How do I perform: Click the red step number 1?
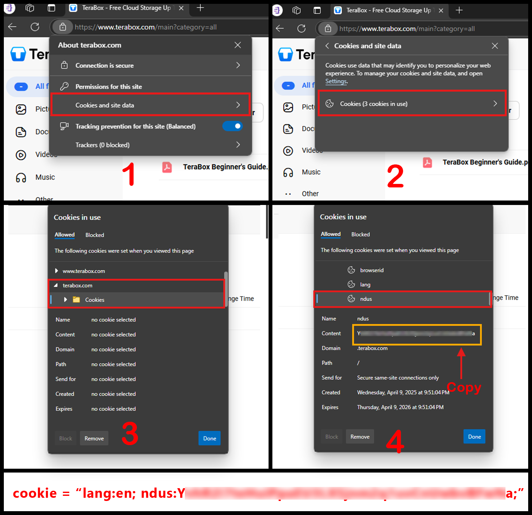coord(129,174)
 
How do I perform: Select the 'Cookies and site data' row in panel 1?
coord(150,105)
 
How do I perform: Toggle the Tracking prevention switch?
coord(232,126)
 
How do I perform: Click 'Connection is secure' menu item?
coord(150,65)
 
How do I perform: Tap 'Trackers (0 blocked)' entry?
coord(150,145)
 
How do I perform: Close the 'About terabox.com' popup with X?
coord(238,45)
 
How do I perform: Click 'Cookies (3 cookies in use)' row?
coord(412,104)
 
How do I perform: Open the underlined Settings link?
coord(336,81)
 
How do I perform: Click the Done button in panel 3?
coord(209,438)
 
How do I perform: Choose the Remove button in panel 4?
coord(360,437)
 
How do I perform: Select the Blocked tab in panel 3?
coord(95,235)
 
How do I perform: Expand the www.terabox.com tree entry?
coord(57,271)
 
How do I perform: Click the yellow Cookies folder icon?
coord(76,299)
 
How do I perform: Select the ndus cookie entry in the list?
coord(366,299)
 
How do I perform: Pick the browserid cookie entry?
coord(371,270)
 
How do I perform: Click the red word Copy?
coord(464,387)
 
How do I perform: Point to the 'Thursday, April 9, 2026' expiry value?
coord(400,407)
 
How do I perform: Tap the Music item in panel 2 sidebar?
coord(311,172)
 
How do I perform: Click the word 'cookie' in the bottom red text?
coord(35,493)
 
